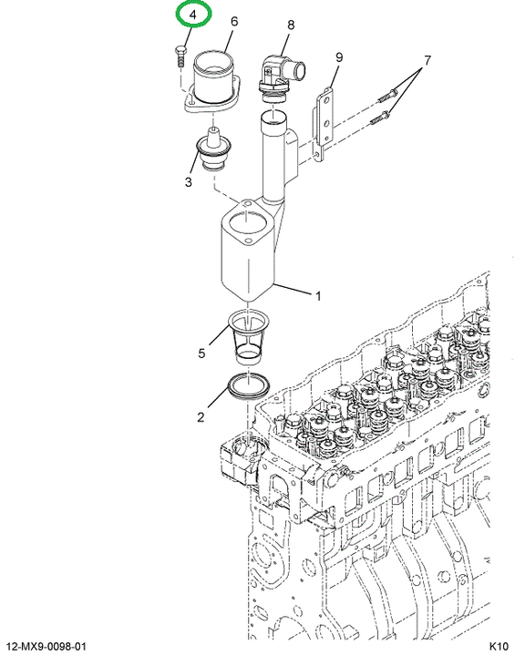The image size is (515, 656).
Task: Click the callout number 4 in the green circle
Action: [x=192, y=15]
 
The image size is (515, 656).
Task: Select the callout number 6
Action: [x=234, y=21]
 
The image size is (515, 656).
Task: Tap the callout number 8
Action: [x=291, y=26]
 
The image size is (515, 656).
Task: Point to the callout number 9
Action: [x=339, y=57]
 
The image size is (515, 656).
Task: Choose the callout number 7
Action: [x=427, y=61]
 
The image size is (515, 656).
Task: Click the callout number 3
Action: [x=189, y=182]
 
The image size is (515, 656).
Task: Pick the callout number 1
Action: [x=318, y=296]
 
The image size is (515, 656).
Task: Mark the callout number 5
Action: [x=201, y=354]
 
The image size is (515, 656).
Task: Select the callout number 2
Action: [x=201, y=417]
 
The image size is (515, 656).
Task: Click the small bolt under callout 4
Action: [x=180, y=56]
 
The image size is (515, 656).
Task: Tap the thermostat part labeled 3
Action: [x=214, y=149]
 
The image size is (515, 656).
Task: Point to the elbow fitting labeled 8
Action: [x=281, y=78]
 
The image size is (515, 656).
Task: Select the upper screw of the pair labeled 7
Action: [x=387, y=96]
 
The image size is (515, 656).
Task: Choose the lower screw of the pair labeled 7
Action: [x=381, y=117]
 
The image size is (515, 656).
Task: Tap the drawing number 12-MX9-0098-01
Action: [x=46, y=646]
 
